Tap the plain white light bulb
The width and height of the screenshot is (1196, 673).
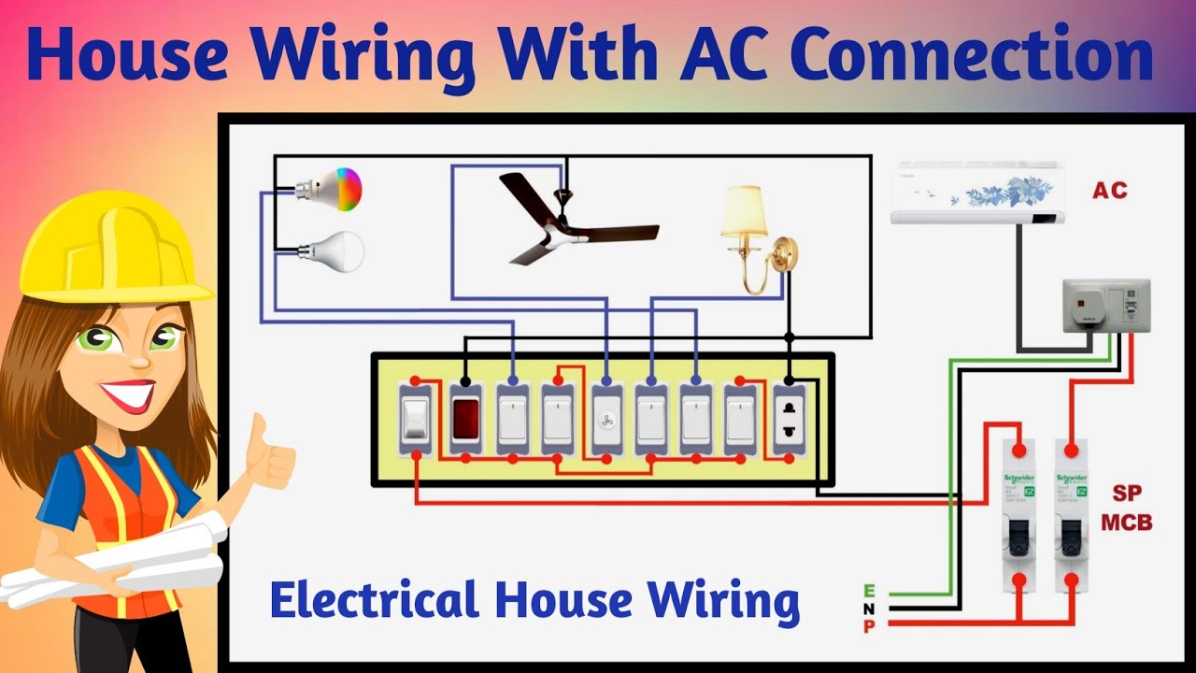click(338, 251)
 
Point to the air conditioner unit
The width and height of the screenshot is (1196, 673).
click(978, 193)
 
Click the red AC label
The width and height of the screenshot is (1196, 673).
click(1110, 191)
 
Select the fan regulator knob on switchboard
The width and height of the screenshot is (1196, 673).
click(605, 420)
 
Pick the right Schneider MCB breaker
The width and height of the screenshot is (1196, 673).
click(1071, 515)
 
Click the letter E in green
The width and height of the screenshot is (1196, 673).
click(869, 591)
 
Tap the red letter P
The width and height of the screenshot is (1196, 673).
click(869, 626)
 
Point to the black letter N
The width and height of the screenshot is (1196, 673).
click(869, 609)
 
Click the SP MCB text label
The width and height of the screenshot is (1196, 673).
click(1126, 508)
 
